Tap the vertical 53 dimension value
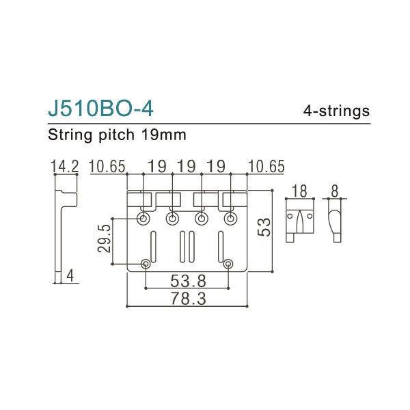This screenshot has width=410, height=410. (264, 228)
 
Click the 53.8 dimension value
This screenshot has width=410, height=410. (186, 280)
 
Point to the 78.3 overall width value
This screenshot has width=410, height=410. (186, 299)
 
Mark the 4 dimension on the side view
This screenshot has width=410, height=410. (70, 275)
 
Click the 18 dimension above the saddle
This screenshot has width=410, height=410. (299, 191)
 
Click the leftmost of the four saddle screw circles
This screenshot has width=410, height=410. (143, 218)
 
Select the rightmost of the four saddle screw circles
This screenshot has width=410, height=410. (228, 218)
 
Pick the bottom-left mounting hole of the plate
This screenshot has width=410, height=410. (146, 264)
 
